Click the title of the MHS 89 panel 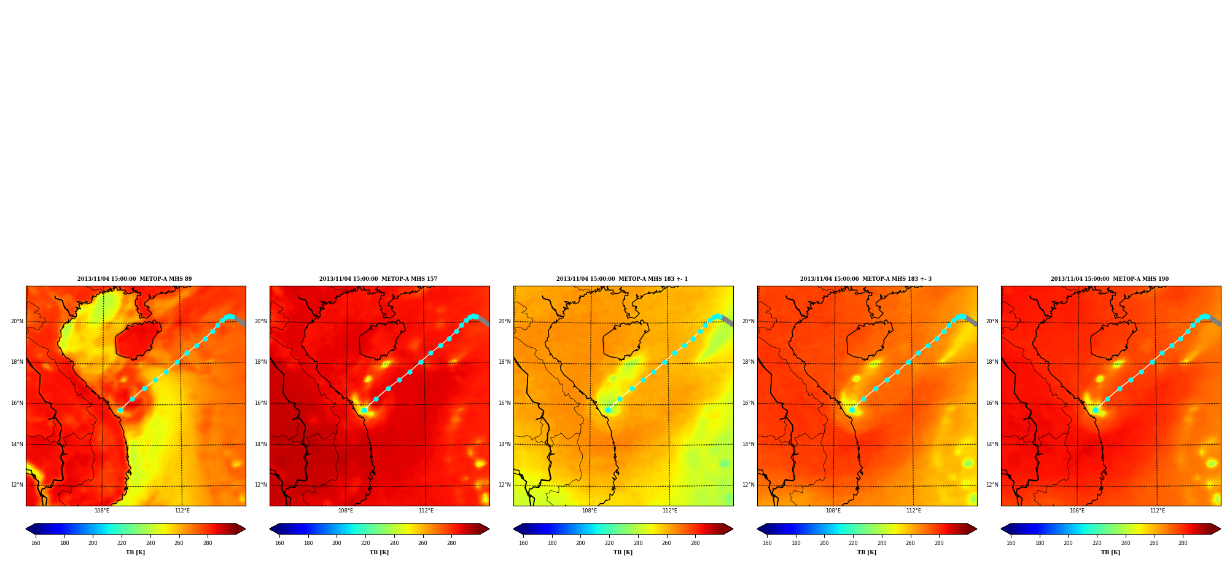[x=134, y=279]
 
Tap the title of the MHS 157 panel [x=378, y=279]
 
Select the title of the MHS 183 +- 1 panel [x=622, y=279]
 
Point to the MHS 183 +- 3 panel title [x=866, y=279]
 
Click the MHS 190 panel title [x=1110, y=279]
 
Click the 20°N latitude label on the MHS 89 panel [x=17, y=321]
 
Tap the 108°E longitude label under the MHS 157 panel [x=346, y=511]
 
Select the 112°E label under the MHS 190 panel [x=1158, y=511]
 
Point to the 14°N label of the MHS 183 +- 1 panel [x=504, y=444]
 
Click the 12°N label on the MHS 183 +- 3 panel [x=748, y=485]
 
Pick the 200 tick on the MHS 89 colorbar [x=93, y=543]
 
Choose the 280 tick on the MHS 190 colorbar [x=1183, y=543]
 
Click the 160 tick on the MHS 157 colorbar [x=279, y=543]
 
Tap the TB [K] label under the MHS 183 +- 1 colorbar [x=623, y=552]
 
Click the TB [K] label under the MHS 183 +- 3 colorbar [x=867, y=552]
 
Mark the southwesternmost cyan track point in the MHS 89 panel [x=120, y=410]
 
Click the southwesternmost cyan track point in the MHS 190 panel [x=1096, y=410]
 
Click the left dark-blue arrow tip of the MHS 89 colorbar [x=26, y=529]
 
